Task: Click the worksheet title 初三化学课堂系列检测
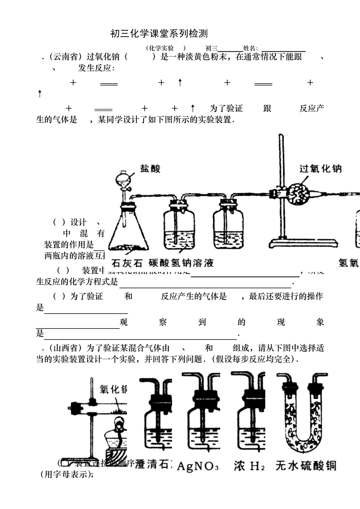tap(159, 34)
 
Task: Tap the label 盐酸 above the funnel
tap(150, 169)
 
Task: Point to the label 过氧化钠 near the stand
tap(320, 169)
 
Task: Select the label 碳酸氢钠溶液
tap(181, 263)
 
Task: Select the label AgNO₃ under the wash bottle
tap(198, 466)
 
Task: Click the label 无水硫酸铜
tap(305, 465)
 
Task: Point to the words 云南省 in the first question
tap(66, 57)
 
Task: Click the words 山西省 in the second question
tap(66, 348)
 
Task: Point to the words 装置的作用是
tap(69, 245)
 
